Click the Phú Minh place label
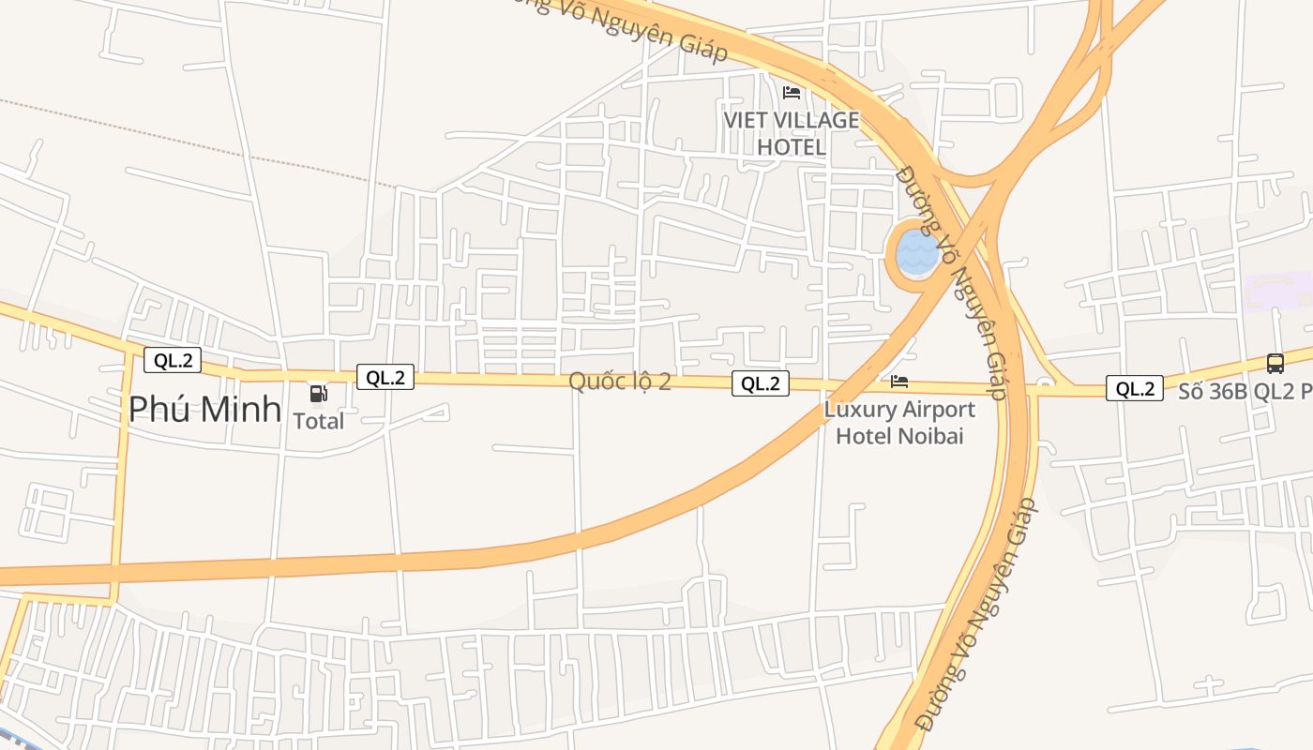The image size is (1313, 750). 204,409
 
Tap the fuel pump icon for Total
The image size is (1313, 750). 319,394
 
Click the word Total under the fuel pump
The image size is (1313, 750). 319,421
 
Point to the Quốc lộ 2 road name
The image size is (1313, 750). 620,382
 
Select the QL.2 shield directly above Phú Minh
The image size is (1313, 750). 173,360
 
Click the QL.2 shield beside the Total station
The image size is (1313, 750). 385,377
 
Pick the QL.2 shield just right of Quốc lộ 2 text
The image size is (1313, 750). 760,382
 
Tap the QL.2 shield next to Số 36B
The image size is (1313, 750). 1135,388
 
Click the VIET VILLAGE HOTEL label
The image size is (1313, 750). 791,133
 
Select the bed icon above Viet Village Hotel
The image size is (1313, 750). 792,92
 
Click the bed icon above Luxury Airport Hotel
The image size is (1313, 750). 899,382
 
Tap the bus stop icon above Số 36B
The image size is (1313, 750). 1275,364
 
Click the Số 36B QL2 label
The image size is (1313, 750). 1244,391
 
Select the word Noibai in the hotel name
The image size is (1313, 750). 931,436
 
